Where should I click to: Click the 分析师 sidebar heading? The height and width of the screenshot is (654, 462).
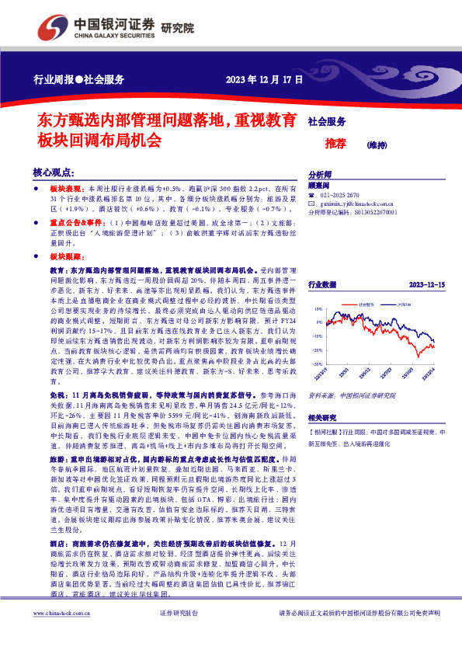321,175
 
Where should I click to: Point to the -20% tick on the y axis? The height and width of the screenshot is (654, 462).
318,363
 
